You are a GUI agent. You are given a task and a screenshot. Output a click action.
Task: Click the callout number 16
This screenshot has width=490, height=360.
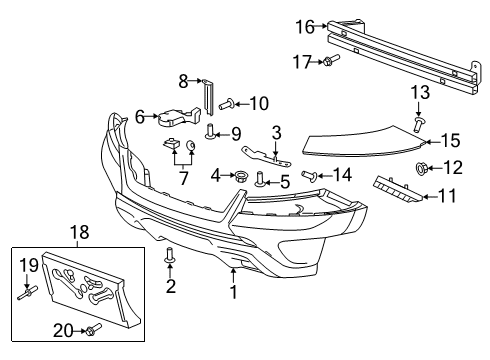click(305, 27)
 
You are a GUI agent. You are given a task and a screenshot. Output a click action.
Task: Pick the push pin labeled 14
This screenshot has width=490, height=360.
click(311, 177)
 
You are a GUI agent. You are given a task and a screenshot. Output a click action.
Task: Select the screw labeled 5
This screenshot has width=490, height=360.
click(261, 181)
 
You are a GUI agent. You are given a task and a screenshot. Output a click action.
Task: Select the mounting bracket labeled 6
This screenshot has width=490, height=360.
click(173, 119)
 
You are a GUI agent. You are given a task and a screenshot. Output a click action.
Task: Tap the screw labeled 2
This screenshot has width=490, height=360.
click(170, 257)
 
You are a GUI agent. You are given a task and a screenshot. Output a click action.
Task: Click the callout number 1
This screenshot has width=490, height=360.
click(234, 293)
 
